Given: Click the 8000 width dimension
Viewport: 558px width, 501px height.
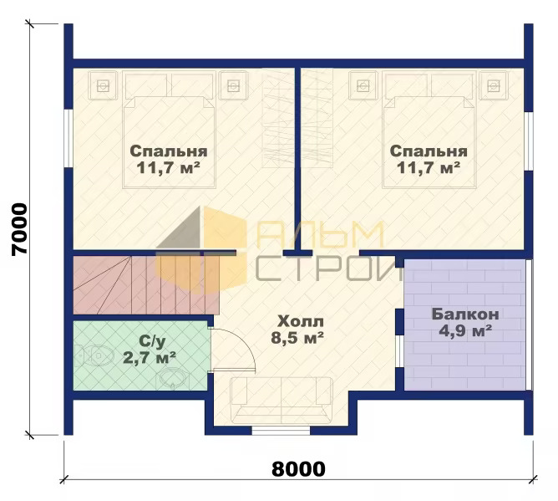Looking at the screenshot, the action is tap(298, 468).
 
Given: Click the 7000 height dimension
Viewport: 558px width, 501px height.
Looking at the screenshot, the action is tap(19, 229).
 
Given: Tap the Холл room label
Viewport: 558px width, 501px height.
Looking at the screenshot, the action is tap(301, 321).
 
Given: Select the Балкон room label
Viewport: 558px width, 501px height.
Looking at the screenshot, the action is tap(465, 314).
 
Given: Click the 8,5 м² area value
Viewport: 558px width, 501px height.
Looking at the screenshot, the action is tap(297, 337).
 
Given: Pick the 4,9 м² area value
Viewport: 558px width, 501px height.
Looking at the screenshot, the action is tap(465, 330).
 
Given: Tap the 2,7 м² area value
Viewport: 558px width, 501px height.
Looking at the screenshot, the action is tap(150, 357).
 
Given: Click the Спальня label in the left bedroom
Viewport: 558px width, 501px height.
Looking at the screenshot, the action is tap(169, 151).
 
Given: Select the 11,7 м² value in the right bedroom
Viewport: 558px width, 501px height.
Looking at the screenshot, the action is tap(429, 167).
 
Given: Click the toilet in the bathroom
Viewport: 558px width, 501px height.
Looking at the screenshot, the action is tap(95, 355).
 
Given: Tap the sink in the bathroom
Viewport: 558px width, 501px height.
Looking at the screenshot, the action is tap(172, 378).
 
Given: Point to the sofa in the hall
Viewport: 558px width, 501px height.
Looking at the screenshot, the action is tap(282, 400).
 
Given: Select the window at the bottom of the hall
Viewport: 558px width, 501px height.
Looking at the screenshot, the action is tap(281, 431).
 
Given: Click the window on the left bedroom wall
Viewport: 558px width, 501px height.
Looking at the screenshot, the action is tap(68, 138).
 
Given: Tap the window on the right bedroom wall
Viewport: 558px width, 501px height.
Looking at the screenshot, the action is tap(529, 141).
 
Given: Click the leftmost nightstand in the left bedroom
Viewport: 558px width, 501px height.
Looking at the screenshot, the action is tap(103, 85).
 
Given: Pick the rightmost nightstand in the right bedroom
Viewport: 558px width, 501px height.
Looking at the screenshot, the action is tap(493, 85).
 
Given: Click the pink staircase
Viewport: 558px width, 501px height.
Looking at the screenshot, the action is tap(146, 285).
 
